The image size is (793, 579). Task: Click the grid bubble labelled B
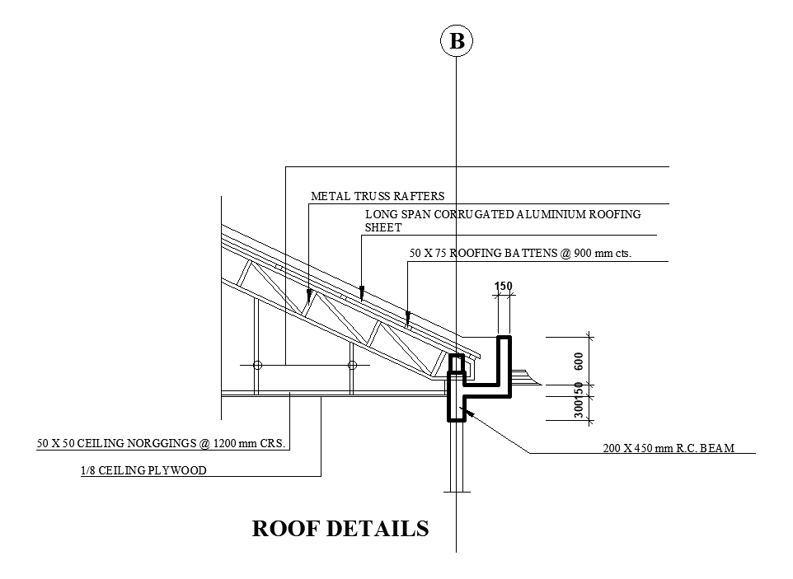coord(456,41)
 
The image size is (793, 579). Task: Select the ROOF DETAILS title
coord(340,529)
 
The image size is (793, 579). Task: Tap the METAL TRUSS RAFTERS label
coord(378,196)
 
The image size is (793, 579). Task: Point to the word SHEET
coord(383,227)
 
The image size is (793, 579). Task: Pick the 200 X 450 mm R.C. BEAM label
coord(669,448)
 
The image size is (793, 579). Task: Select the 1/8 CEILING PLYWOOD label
coord(143,470)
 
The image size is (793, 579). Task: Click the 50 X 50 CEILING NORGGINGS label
coord(161,443)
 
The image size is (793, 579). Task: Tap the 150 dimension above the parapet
coord(503,286)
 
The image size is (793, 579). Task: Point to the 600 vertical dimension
coord(579,361)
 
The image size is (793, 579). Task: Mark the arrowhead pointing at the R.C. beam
coord(469,413)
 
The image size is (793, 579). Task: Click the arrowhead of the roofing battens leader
coord(408,317)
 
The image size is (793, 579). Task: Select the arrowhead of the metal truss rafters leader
coord(309,295)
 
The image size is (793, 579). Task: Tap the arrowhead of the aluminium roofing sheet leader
coord(362,292)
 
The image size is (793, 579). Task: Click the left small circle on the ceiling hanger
coord(257,365)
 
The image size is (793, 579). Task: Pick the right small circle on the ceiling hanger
coord(352,365)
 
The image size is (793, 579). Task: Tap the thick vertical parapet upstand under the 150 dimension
coord(504,366)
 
